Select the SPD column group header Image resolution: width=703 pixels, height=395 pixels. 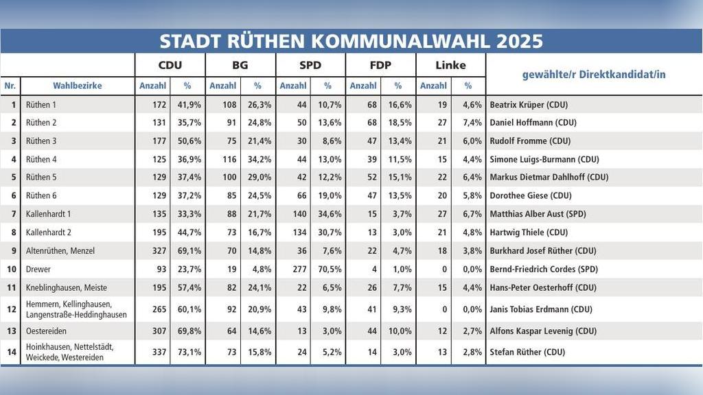coord(310,65)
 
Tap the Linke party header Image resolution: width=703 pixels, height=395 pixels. coord(450,65)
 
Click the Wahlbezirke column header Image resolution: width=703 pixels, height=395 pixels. coord(77,86)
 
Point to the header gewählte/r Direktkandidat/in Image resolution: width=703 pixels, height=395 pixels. coord(594,74)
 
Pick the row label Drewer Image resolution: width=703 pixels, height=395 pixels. coord(38,269)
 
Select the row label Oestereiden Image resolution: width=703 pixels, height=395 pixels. coord(46,331)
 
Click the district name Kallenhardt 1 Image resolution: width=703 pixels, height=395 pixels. coord(49,214)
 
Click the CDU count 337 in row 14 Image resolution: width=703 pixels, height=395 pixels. coord(159,352)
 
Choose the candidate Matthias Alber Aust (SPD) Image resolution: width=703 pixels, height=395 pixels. coord(538,214)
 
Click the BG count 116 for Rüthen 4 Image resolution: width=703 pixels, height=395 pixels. coord(229,159)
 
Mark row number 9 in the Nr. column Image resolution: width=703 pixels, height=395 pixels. coord(14,251)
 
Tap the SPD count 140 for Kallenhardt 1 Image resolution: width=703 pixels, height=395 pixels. coord(299,214)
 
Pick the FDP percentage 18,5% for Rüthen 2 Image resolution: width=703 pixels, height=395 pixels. coord(400,123)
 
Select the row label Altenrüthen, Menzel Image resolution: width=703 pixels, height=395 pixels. coord(60,251)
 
